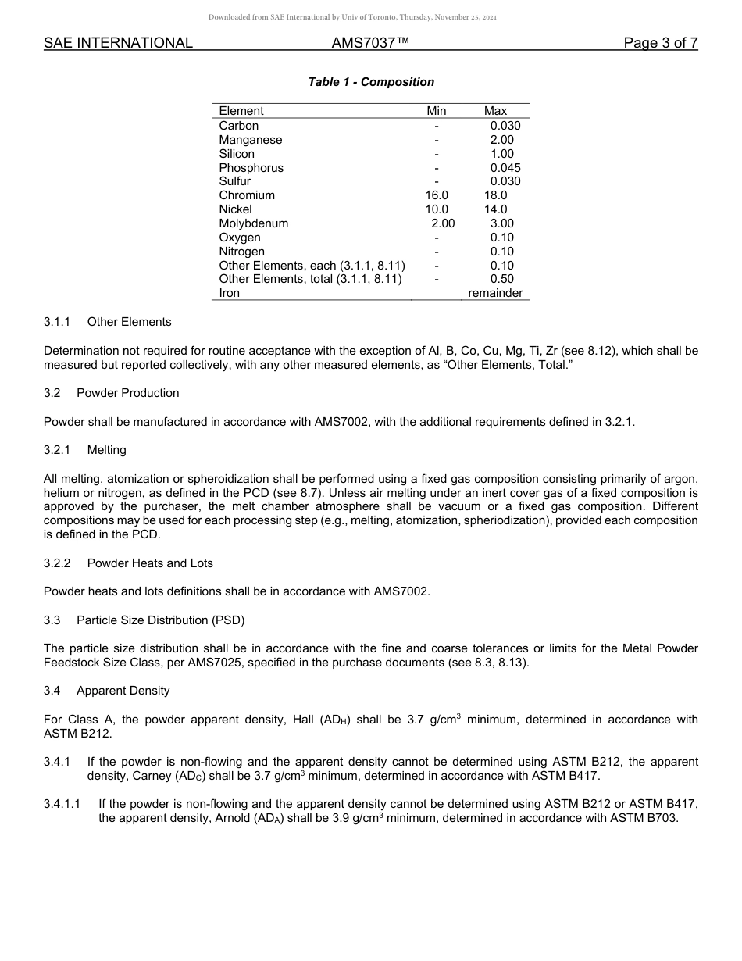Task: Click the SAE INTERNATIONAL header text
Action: point(118,44)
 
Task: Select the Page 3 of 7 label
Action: point(660,44)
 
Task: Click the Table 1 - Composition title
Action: point(371,82)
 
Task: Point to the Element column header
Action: point(241,111)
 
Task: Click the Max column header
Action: point(495,111)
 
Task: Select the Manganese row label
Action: point(251,140)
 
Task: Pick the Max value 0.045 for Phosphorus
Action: point(505,168)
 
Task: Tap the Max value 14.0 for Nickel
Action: point(495,209)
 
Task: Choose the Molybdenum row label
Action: point(254,223)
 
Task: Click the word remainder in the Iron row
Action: point(495,293)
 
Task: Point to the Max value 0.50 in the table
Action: point(501,279)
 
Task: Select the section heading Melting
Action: point(106,450)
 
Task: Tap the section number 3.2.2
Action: point(57,563)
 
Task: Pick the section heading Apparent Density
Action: point(123,691)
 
